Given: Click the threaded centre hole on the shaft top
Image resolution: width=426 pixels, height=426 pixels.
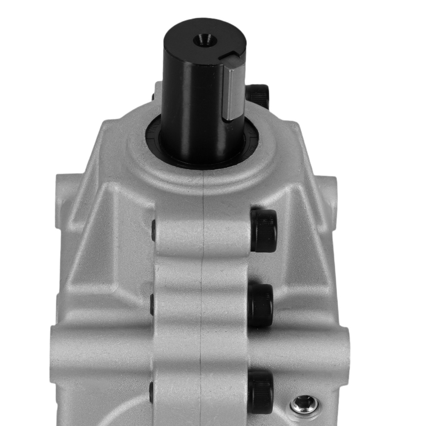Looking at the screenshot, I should tap(205, 41).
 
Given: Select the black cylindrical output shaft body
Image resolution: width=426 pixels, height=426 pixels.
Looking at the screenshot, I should tap(192, 106).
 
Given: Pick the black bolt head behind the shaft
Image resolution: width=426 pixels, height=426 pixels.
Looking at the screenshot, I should tap(258, 95).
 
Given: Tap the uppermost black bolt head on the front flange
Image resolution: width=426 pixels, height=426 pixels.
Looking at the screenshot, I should tap(264, 230).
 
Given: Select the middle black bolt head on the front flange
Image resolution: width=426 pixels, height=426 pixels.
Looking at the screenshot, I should tap(260, 305).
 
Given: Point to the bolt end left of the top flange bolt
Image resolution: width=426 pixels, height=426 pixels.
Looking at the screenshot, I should tap(153, 230).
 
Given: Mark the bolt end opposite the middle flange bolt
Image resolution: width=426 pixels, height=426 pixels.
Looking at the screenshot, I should tap(152, 305).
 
